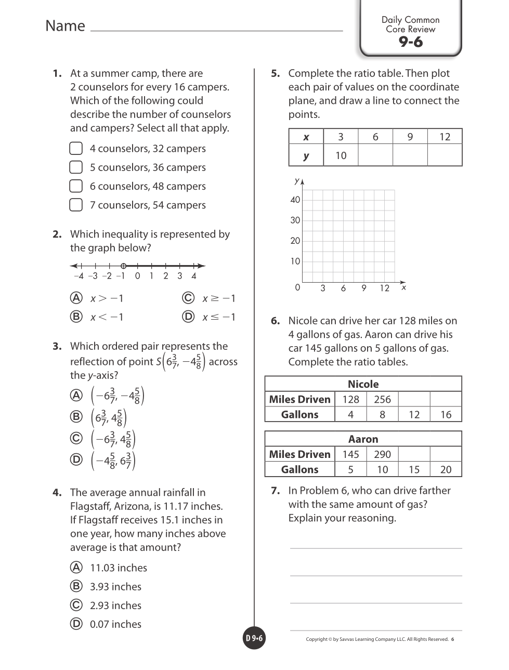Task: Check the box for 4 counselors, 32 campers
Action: tap(76, 149)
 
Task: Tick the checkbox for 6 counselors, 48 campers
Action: tap(76, 186)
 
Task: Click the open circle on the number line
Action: tap(123, 266)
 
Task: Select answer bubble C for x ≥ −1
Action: tap(188, 298)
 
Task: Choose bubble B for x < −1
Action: tap(76, 317)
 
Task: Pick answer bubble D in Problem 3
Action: tap(76, 459)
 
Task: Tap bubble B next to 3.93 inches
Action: tap(76, 586)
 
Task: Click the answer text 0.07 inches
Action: tap(115, 624)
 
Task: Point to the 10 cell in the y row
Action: tap(341, 155)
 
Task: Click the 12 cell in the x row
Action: tap(445, 137)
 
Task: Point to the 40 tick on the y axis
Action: tap(295, 200)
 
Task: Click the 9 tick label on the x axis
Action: tap(364, 288)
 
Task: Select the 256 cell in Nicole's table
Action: tap(382, 399)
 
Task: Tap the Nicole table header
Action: tap(363, 384)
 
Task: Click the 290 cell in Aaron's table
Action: tap(382, 454)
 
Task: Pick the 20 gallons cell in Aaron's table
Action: tap(446, 469)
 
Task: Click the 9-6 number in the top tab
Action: tap(411, 43)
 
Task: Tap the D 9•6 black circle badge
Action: tap(254, 638)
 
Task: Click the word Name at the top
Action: tap(65, 26)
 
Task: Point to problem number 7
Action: tap(276, 491)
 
